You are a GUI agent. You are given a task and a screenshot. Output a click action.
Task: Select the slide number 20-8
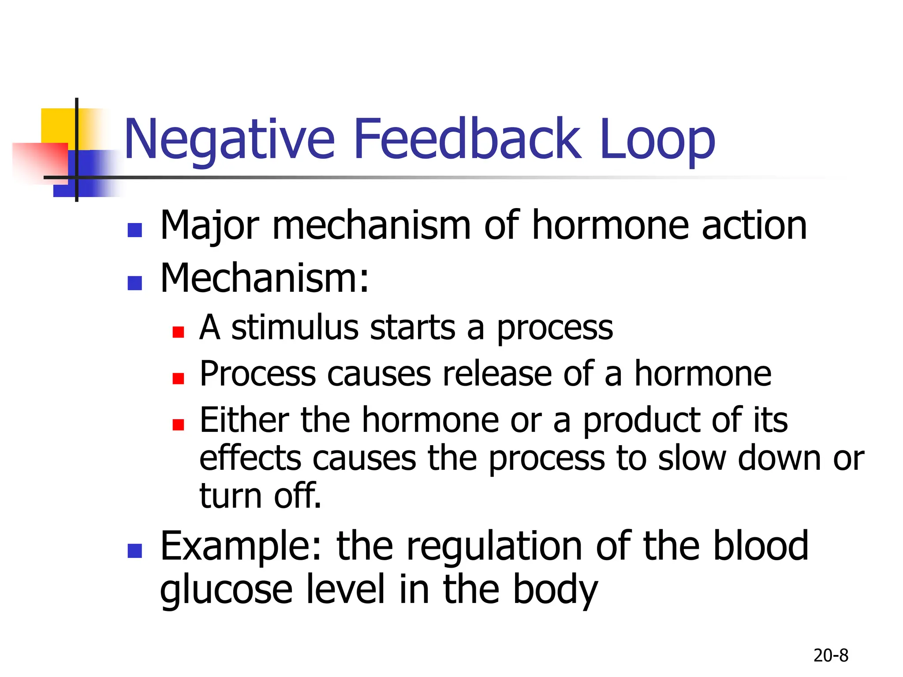click(831, 655)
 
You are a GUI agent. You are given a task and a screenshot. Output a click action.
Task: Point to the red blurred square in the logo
click(40, 161)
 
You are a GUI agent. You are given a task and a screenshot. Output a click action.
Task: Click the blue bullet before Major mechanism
click(134, 230)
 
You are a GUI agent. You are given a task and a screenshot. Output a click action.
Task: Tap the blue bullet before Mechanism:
click(134, 283)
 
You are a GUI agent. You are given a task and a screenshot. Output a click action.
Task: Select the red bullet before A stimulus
click(178, 332)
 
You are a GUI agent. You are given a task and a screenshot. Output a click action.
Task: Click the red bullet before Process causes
click(178, 378)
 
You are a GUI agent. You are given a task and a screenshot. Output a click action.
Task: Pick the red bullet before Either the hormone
click(178, 424)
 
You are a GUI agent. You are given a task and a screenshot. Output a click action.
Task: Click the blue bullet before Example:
click(134, 551)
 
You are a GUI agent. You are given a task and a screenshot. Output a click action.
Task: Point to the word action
click(754, 226)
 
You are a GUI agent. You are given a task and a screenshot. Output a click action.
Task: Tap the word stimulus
click(295, 328)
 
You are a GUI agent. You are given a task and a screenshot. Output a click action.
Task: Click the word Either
click(244, 420)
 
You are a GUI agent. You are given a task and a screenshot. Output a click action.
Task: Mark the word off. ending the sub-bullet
click(298, 496)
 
